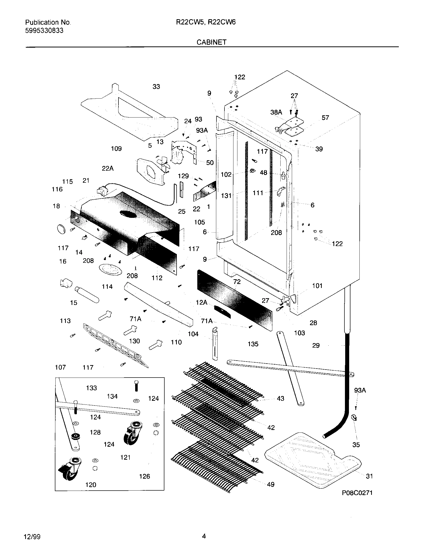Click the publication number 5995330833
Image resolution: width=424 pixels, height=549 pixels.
(x=44, y=31)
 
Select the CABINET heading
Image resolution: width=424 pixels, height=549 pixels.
(x=211, y=42)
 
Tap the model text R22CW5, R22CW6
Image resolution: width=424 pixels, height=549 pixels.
(x=206, y=22)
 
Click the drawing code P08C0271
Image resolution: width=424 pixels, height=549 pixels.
(x=357, y=493)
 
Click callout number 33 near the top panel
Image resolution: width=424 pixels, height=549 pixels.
(x=156, y=87)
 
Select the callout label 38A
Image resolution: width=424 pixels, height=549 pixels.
(x=276, y=112)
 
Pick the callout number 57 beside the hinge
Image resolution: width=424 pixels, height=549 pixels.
(x=325, y=118)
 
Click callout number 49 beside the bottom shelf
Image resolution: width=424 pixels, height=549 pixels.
(x=271, y=484)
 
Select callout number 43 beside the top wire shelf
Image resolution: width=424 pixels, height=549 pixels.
(x=280, y=399)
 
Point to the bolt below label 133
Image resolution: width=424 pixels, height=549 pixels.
(x=136, y=386)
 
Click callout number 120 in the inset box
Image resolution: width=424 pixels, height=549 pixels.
(x=91, y=485)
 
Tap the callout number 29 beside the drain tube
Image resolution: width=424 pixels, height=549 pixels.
(x=316, y=345)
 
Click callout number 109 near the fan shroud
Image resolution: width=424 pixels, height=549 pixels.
(x=116, y=149)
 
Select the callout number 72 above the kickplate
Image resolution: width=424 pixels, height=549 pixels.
(x=237, y=282)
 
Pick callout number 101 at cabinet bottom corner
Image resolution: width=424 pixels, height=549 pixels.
(x=317, y=286)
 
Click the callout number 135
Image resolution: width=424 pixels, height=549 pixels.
(x=253, y=344)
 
